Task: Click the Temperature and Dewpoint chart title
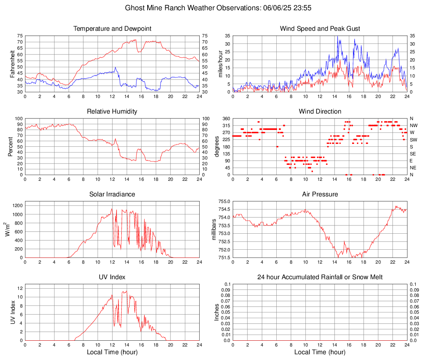pyautogui.click(x=112, y=29)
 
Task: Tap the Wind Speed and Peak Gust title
pyautogui.click(x=320, y=29)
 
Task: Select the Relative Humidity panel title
pyautogui.click(x=112, y=112)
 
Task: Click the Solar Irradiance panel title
pyautogui.click(x=112, y=194)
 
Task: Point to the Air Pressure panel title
pyautogui.click(x=320, y=194)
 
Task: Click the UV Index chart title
pyautogui.click(x=112, y=277)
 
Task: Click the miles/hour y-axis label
pyautogui.click(x=220, y=64)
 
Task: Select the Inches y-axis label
pyautogui.click(x=217, y=312)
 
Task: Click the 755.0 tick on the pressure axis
pyautogui.click(x=223, y=201)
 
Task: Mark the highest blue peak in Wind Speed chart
pyautogui.click(x=337, y=36)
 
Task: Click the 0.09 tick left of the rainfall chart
pyautogui.click(x=225, y=290)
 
